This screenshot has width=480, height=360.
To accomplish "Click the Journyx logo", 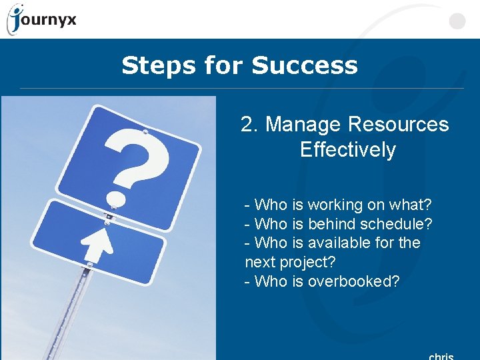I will click(41, 19).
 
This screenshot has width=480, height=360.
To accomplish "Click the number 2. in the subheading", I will click(250, 125).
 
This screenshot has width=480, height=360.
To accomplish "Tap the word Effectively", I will click(347, 149).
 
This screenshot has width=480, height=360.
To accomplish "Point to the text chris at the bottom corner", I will click(441, 356).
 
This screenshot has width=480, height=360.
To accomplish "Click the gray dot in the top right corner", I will click(457, 22).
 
